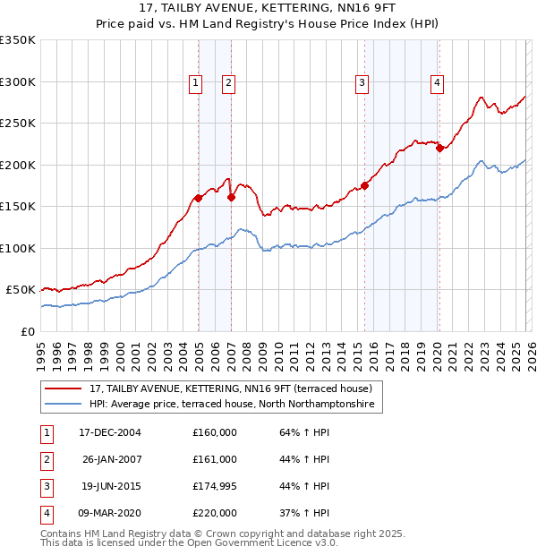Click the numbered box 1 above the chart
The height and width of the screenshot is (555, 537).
tap(195, 83)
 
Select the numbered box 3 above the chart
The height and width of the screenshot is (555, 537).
tap(362, 83)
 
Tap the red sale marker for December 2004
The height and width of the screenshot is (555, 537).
tap(198, 198)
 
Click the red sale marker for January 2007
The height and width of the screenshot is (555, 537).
tap(231, 197)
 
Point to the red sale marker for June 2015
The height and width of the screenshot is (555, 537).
tap(364, 186)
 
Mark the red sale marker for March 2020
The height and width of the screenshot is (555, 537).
tap(439, 149)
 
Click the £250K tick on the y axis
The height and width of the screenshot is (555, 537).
tap(18, 124)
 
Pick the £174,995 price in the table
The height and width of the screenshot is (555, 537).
tap(215, 486)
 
